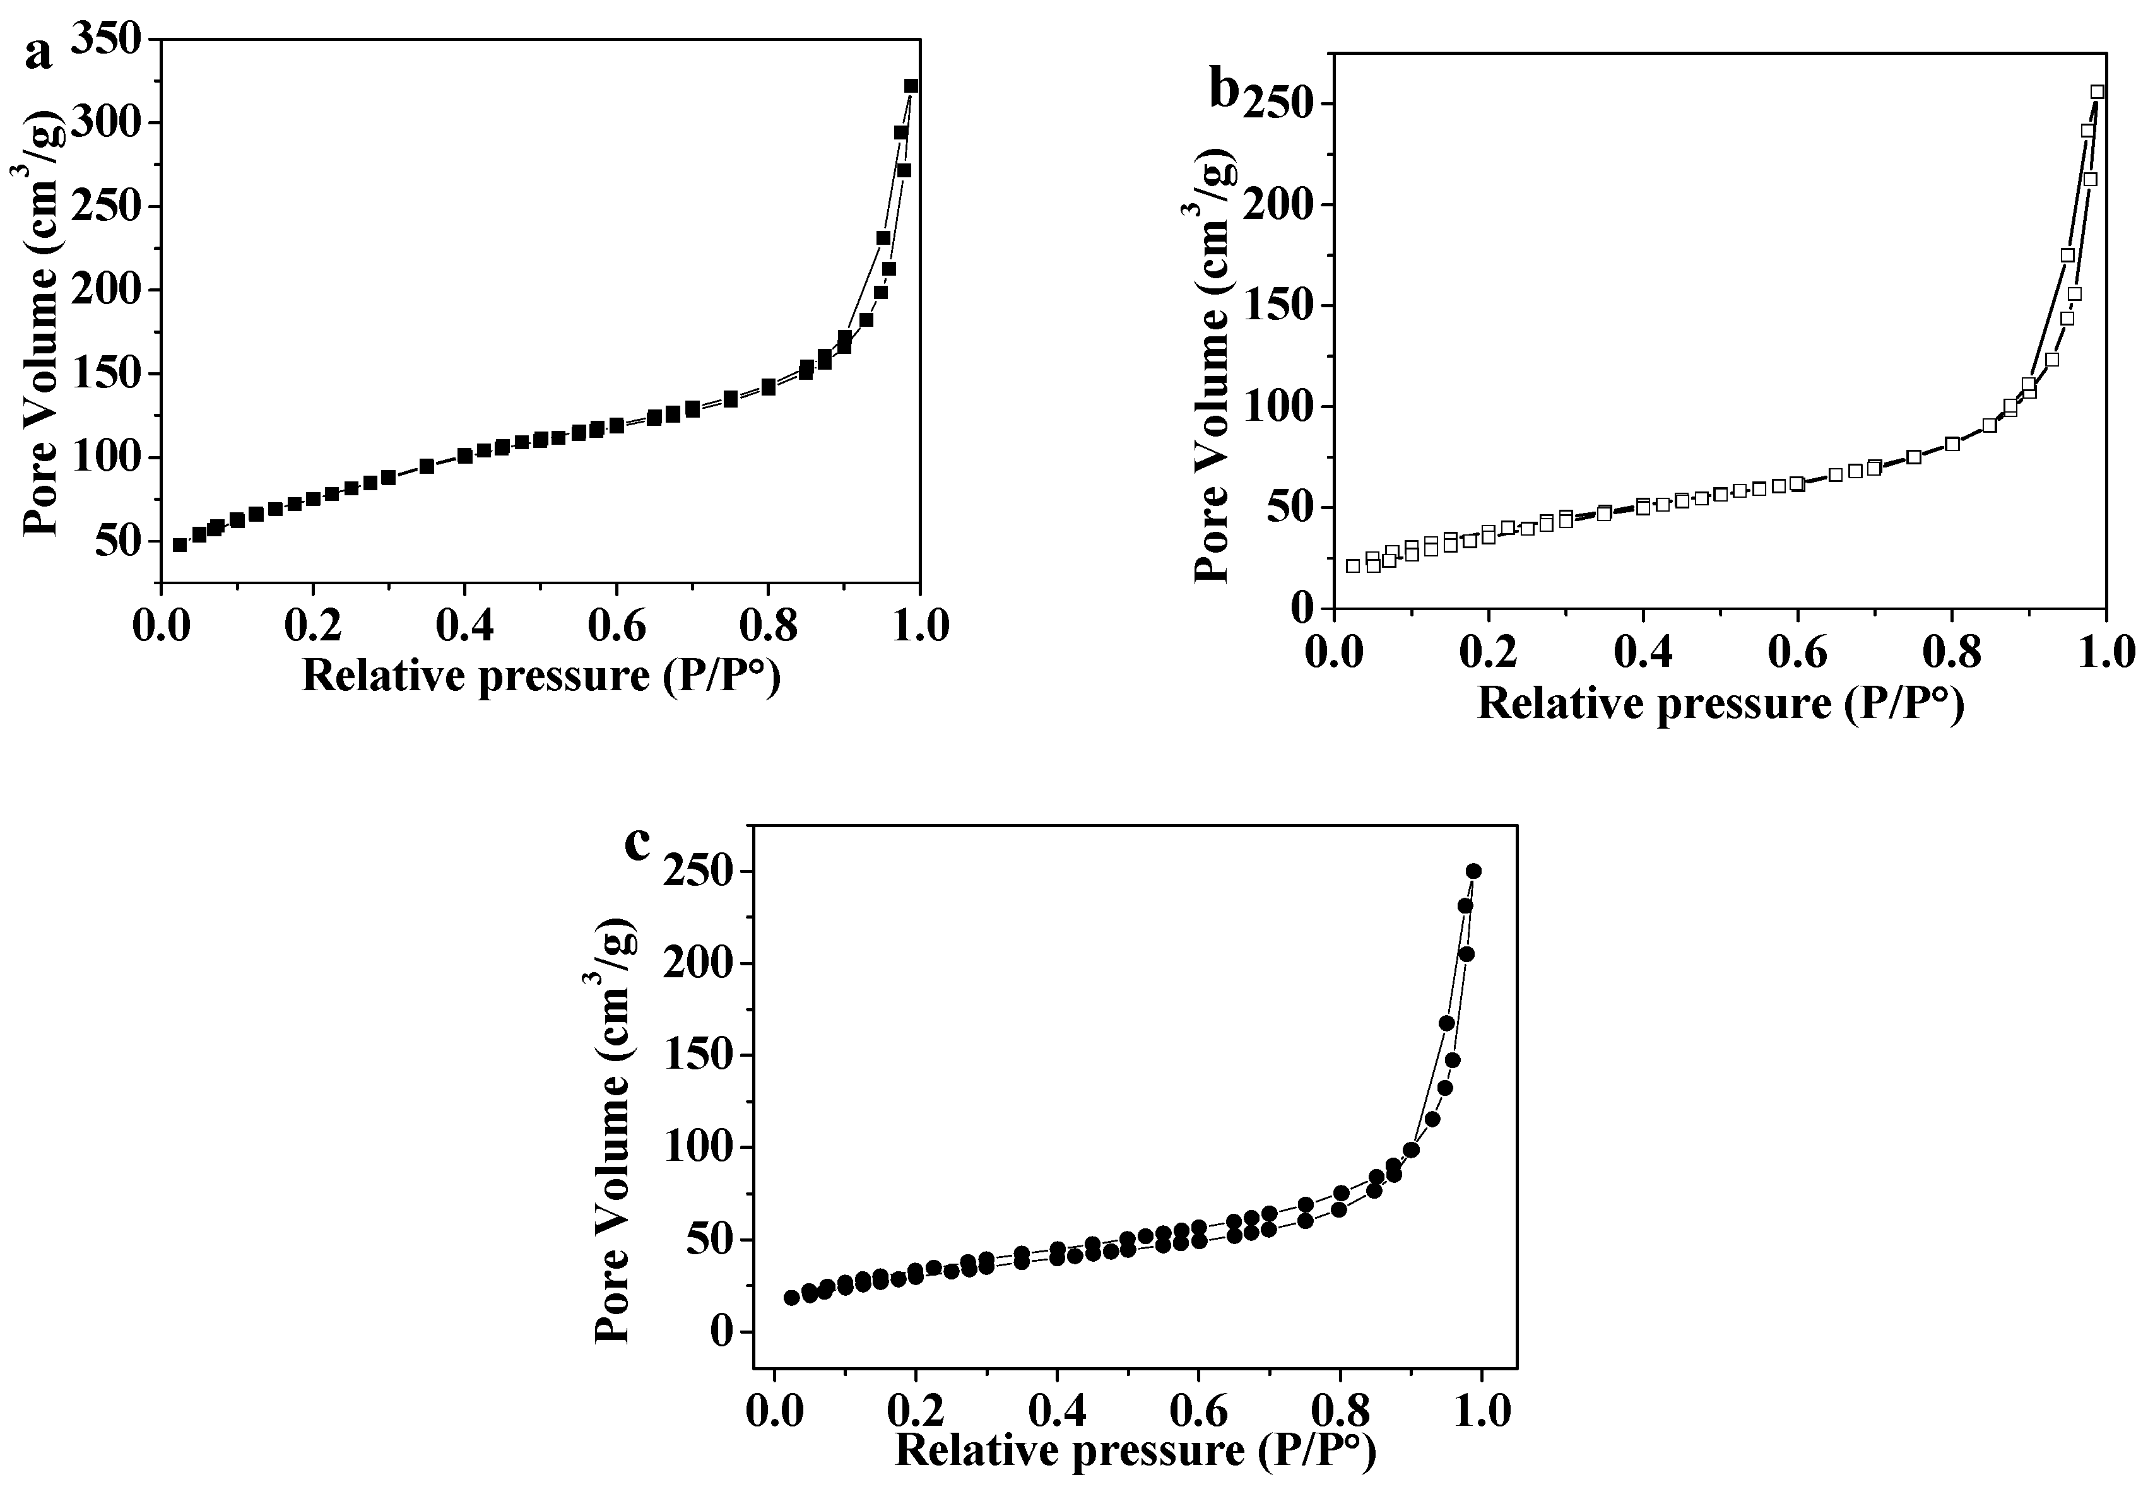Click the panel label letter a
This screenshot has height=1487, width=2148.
pyautogui.click(x=39, y=55)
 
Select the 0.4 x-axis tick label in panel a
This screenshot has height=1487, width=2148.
pyautogui.click(x=464, y=625)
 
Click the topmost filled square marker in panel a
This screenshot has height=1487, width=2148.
pyautogui.click(x=911, y=86)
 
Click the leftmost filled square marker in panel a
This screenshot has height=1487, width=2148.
pyautogui.click(x=180, y=545)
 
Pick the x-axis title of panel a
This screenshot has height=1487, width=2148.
pyautogui.click(x=541, y=674)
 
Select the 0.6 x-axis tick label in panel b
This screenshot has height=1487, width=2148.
pyautogui.click(x=1798, y=652)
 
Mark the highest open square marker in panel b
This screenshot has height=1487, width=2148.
pyautogui.click(x=2097, y=92)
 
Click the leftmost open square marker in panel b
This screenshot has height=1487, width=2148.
pyautogui.click(x=1353, y=565)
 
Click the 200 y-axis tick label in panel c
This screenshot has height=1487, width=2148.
pyautogui.click(x=697, y=963)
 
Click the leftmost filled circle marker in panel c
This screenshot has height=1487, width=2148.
pyautogui.click(x=791, y=1298)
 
